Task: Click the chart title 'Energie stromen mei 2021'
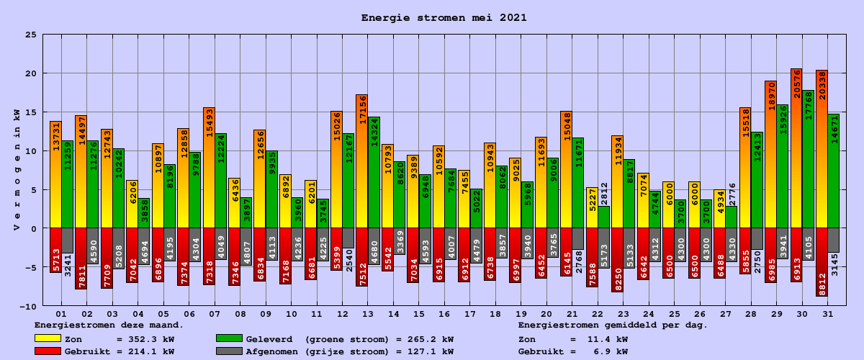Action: click(x=444, y=18)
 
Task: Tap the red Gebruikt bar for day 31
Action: click(x=822, y=262)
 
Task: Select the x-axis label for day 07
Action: click(x=215, y=315)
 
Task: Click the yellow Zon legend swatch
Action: click(x=48, y=338)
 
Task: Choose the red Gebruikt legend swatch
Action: click(x=48, y=351)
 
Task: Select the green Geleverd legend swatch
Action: click(x=229, y=338)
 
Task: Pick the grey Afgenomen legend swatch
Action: click(x=229, y=351)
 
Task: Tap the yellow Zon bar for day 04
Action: click(x=132, y=204)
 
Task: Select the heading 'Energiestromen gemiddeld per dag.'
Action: click(x=613, y=325)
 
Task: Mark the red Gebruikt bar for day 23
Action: click(x=617, y=260)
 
